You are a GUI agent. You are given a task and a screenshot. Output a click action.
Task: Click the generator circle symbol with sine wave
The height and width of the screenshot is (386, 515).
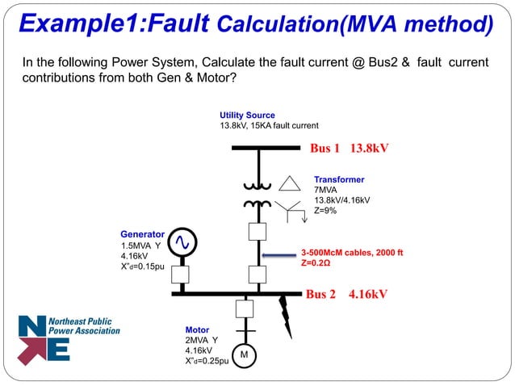(x=181, y=241)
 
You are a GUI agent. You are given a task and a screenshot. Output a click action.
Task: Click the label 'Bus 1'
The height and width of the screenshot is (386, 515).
(x=325, y=149)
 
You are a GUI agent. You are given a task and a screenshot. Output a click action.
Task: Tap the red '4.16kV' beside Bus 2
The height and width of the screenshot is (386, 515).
(x=369, y=295)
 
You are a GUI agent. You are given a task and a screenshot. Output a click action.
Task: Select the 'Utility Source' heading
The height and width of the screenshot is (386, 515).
(x=247, y=115)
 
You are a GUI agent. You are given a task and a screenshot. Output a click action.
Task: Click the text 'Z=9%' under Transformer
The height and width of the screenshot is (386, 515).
(x=325, y=211)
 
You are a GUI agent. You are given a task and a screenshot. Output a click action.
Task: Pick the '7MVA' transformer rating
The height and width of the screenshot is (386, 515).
(x=327, y=190)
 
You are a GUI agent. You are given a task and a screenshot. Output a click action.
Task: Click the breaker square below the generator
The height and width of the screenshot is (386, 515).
(x=181, y=274)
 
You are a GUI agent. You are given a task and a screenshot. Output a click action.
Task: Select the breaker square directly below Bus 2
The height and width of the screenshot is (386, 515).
(x=244, y=308)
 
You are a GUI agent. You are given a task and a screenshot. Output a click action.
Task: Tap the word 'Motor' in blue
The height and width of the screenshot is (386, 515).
(x=197, y=330)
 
